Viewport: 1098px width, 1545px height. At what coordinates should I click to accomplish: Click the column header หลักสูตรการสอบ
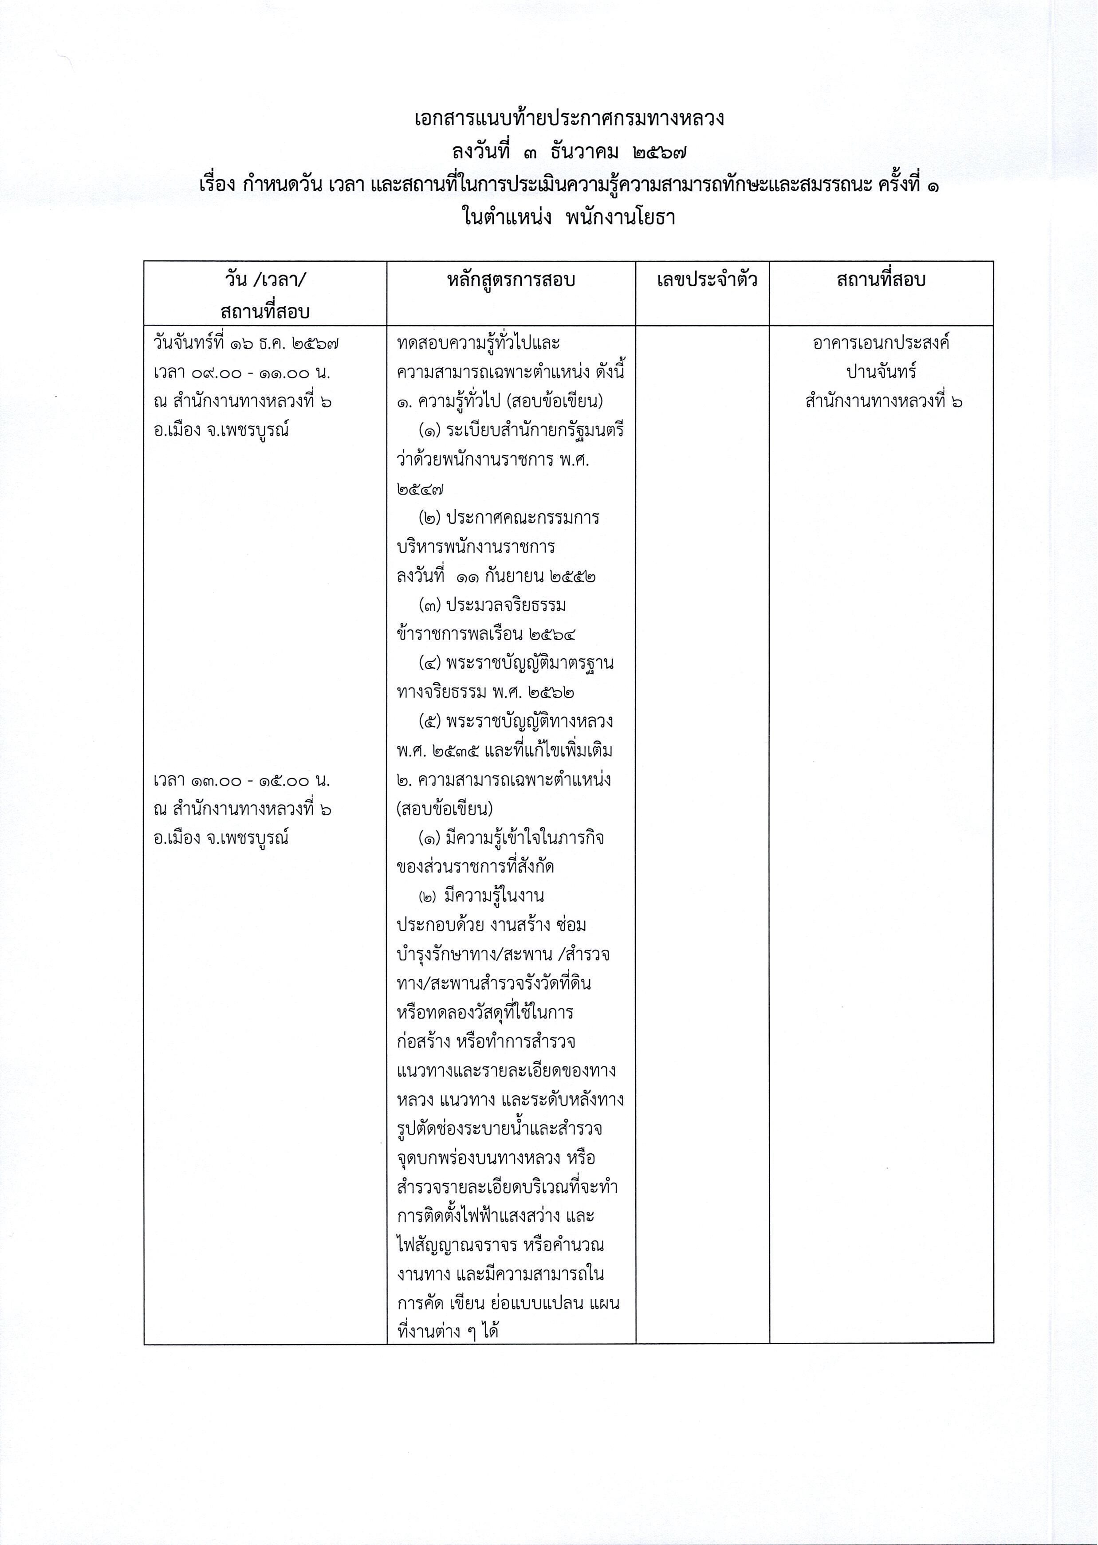(x=511, y=280)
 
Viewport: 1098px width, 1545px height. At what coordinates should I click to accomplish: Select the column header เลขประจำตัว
(x=707, y=280)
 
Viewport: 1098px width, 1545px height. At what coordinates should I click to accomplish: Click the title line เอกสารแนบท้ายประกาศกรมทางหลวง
(x=569, y=119)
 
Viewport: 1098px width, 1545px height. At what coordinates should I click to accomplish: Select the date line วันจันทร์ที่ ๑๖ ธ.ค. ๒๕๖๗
(x=246, y=343)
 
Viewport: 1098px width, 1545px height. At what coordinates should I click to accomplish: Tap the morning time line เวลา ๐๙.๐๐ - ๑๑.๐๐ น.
(x=241, y=373)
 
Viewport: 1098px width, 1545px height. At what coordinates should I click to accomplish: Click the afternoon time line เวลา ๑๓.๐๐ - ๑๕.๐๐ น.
(x=241, y=781)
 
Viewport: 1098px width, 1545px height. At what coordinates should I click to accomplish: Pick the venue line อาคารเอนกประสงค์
(x=881, y=343)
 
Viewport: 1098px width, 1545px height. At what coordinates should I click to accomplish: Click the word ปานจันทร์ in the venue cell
(x=881, y=373)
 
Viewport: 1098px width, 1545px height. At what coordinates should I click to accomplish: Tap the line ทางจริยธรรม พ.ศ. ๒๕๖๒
(x=486, y=693)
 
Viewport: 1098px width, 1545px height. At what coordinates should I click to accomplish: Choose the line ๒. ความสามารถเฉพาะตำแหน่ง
(x=504, y=781)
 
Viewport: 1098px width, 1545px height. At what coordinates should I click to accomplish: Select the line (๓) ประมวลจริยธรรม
(x=492, y=605)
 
